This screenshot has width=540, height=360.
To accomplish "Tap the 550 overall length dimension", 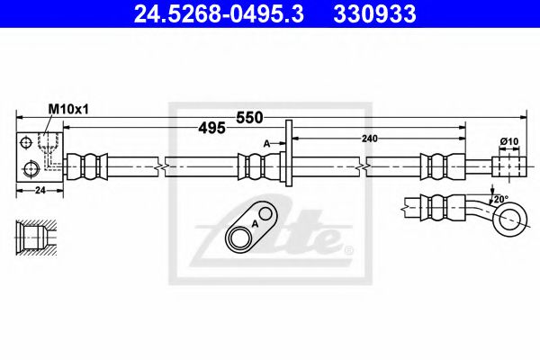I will click(x=249, y=116).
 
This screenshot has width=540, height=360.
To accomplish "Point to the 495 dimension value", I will click(x=211, y=128).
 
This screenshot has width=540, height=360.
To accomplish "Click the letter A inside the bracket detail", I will click(x=255, y=222).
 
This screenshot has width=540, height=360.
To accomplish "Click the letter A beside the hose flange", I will click(x=267, y=143).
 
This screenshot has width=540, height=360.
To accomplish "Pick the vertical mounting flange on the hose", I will click(x=288, y=154).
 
